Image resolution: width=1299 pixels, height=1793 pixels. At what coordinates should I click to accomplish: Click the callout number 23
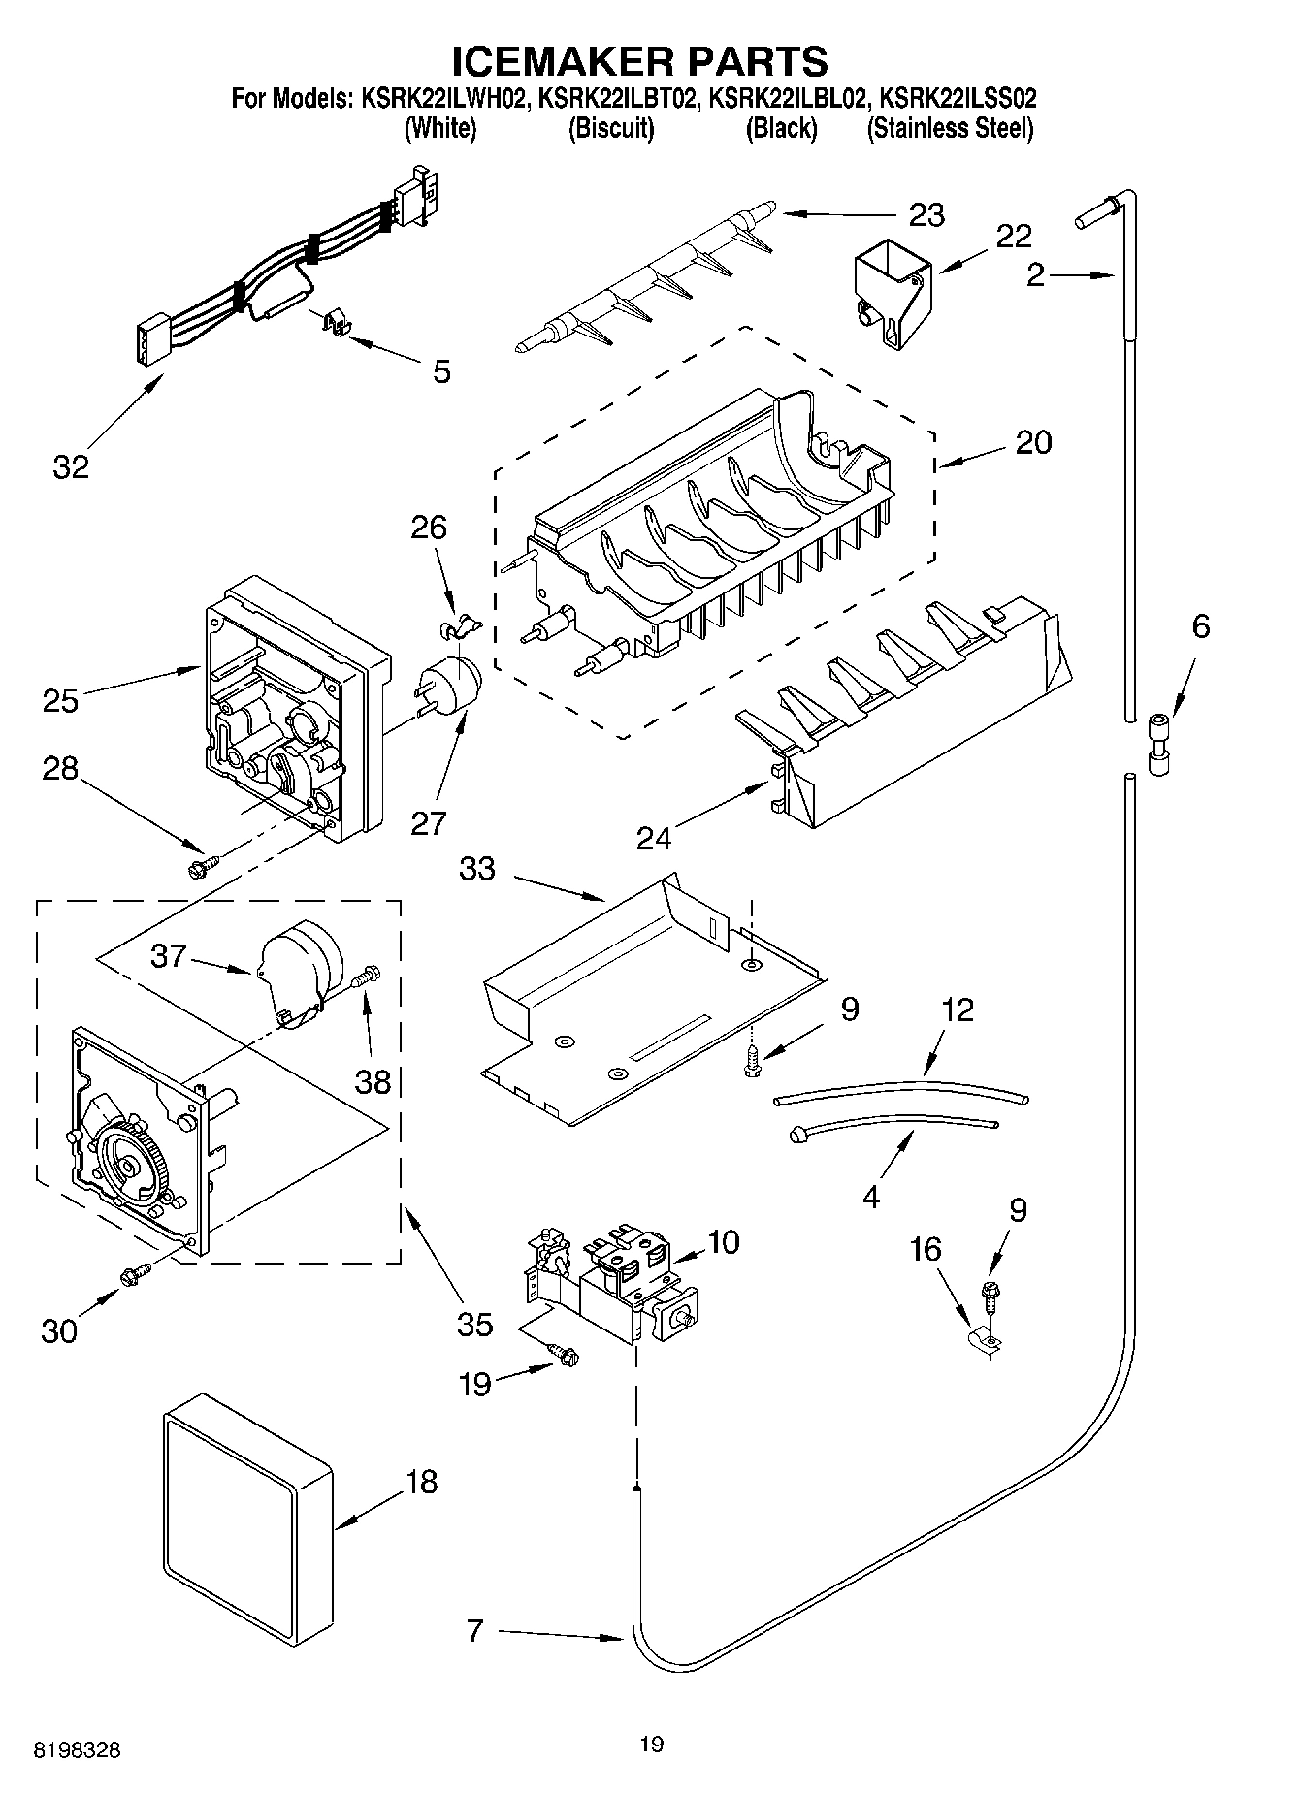(x=926, y=214)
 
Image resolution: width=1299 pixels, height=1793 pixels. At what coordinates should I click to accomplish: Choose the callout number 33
(x=476, y=869)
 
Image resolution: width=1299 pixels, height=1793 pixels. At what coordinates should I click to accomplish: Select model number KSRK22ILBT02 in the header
(x=620, y=98)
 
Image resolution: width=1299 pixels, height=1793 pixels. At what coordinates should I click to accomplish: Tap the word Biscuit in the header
(x=610, y=128)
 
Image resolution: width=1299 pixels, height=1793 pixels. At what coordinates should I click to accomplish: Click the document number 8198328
(x=78, y=1750)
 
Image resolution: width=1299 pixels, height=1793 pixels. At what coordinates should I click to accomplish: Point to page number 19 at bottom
(x=651, y=1745)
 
